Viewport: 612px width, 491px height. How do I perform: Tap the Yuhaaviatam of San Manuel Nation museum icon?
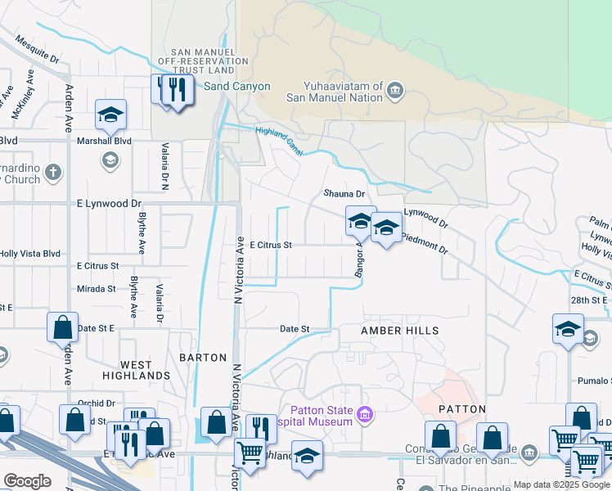point(395,89)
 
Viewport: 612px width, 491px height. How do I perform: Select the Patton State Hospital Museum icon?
point(365,415)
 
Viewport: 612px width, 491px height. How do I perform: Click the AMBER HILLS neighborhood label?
point(401,331)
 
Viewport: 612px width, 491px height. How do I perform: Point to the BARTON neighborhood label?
point(203,358)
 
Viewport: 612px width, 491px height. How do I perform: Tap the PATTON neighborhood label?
point(461,409)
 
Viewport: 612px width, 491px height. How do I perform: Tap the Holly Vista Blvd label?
point(30,254)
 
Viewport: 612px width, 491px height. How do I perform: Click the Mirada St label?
point(95,289)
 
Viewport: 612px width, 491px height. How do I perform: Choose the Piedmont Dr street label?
point(425,243)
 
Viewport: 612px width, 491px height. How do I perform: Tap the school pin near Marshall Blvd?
point(110,115)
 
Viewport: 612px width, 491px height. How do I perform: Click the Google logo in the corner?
point(27,481)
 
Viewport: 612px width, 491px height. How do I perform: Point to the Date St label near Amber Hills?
point(295,329)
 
